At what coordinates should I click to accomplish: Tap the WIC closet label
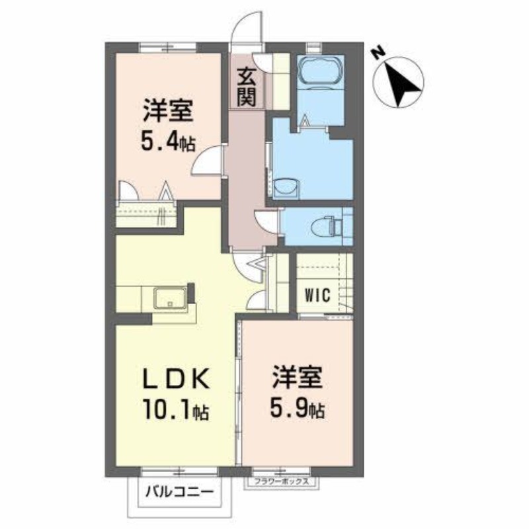[317, 295]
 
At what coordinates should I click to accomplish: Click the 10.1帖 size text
[174, 411]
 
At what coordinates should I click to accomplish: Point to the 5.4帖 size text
[169, 142]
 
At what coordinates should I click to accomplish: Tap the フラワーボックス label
[282, 482]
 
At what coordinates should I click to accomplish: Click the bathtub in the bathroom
[320, 70]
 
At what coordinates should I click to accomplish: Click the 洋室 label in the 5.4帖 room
[169, 110]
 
